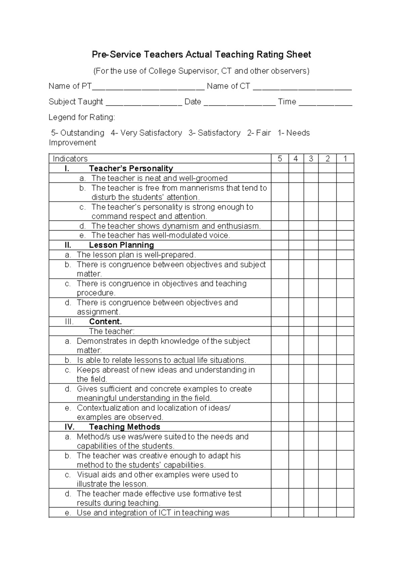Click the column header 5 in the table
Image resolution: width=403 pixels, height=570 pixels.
(280, 159)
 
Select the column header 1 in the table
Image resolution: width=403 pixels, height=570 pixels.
(345, 159)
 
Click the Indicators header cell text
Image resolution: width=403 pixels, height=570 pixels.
(70, 159)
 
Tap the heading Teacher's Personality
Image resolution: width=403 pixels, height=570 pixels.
(131, 168)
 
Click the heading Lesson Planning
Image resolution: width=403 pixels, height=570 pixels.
(121, 245)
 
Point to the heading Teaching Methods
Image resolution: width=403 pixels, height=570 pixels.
(124, 427)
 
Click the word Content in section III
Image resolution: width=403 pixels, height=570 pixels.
(105, 322)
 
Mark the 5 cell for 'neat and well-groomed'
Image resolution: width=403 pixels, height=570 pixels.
(280, 178)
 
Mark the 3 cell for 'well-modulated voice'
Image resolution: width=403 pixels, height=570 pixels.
(311, 235)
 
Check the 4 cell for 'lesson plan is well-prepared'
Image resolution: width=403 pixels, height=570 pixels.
(296, 255)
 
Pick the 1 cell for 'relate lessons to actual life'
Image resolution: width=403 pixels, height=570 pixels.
(345, 360)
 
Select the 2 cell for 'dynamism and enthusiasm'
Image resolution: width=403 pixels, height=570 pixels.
(327, 226)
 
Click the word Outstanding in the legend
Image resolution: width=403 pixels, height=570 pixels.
(82, 133)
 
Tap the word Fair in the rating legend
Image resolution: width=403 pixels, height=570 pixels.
(263, 133)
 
